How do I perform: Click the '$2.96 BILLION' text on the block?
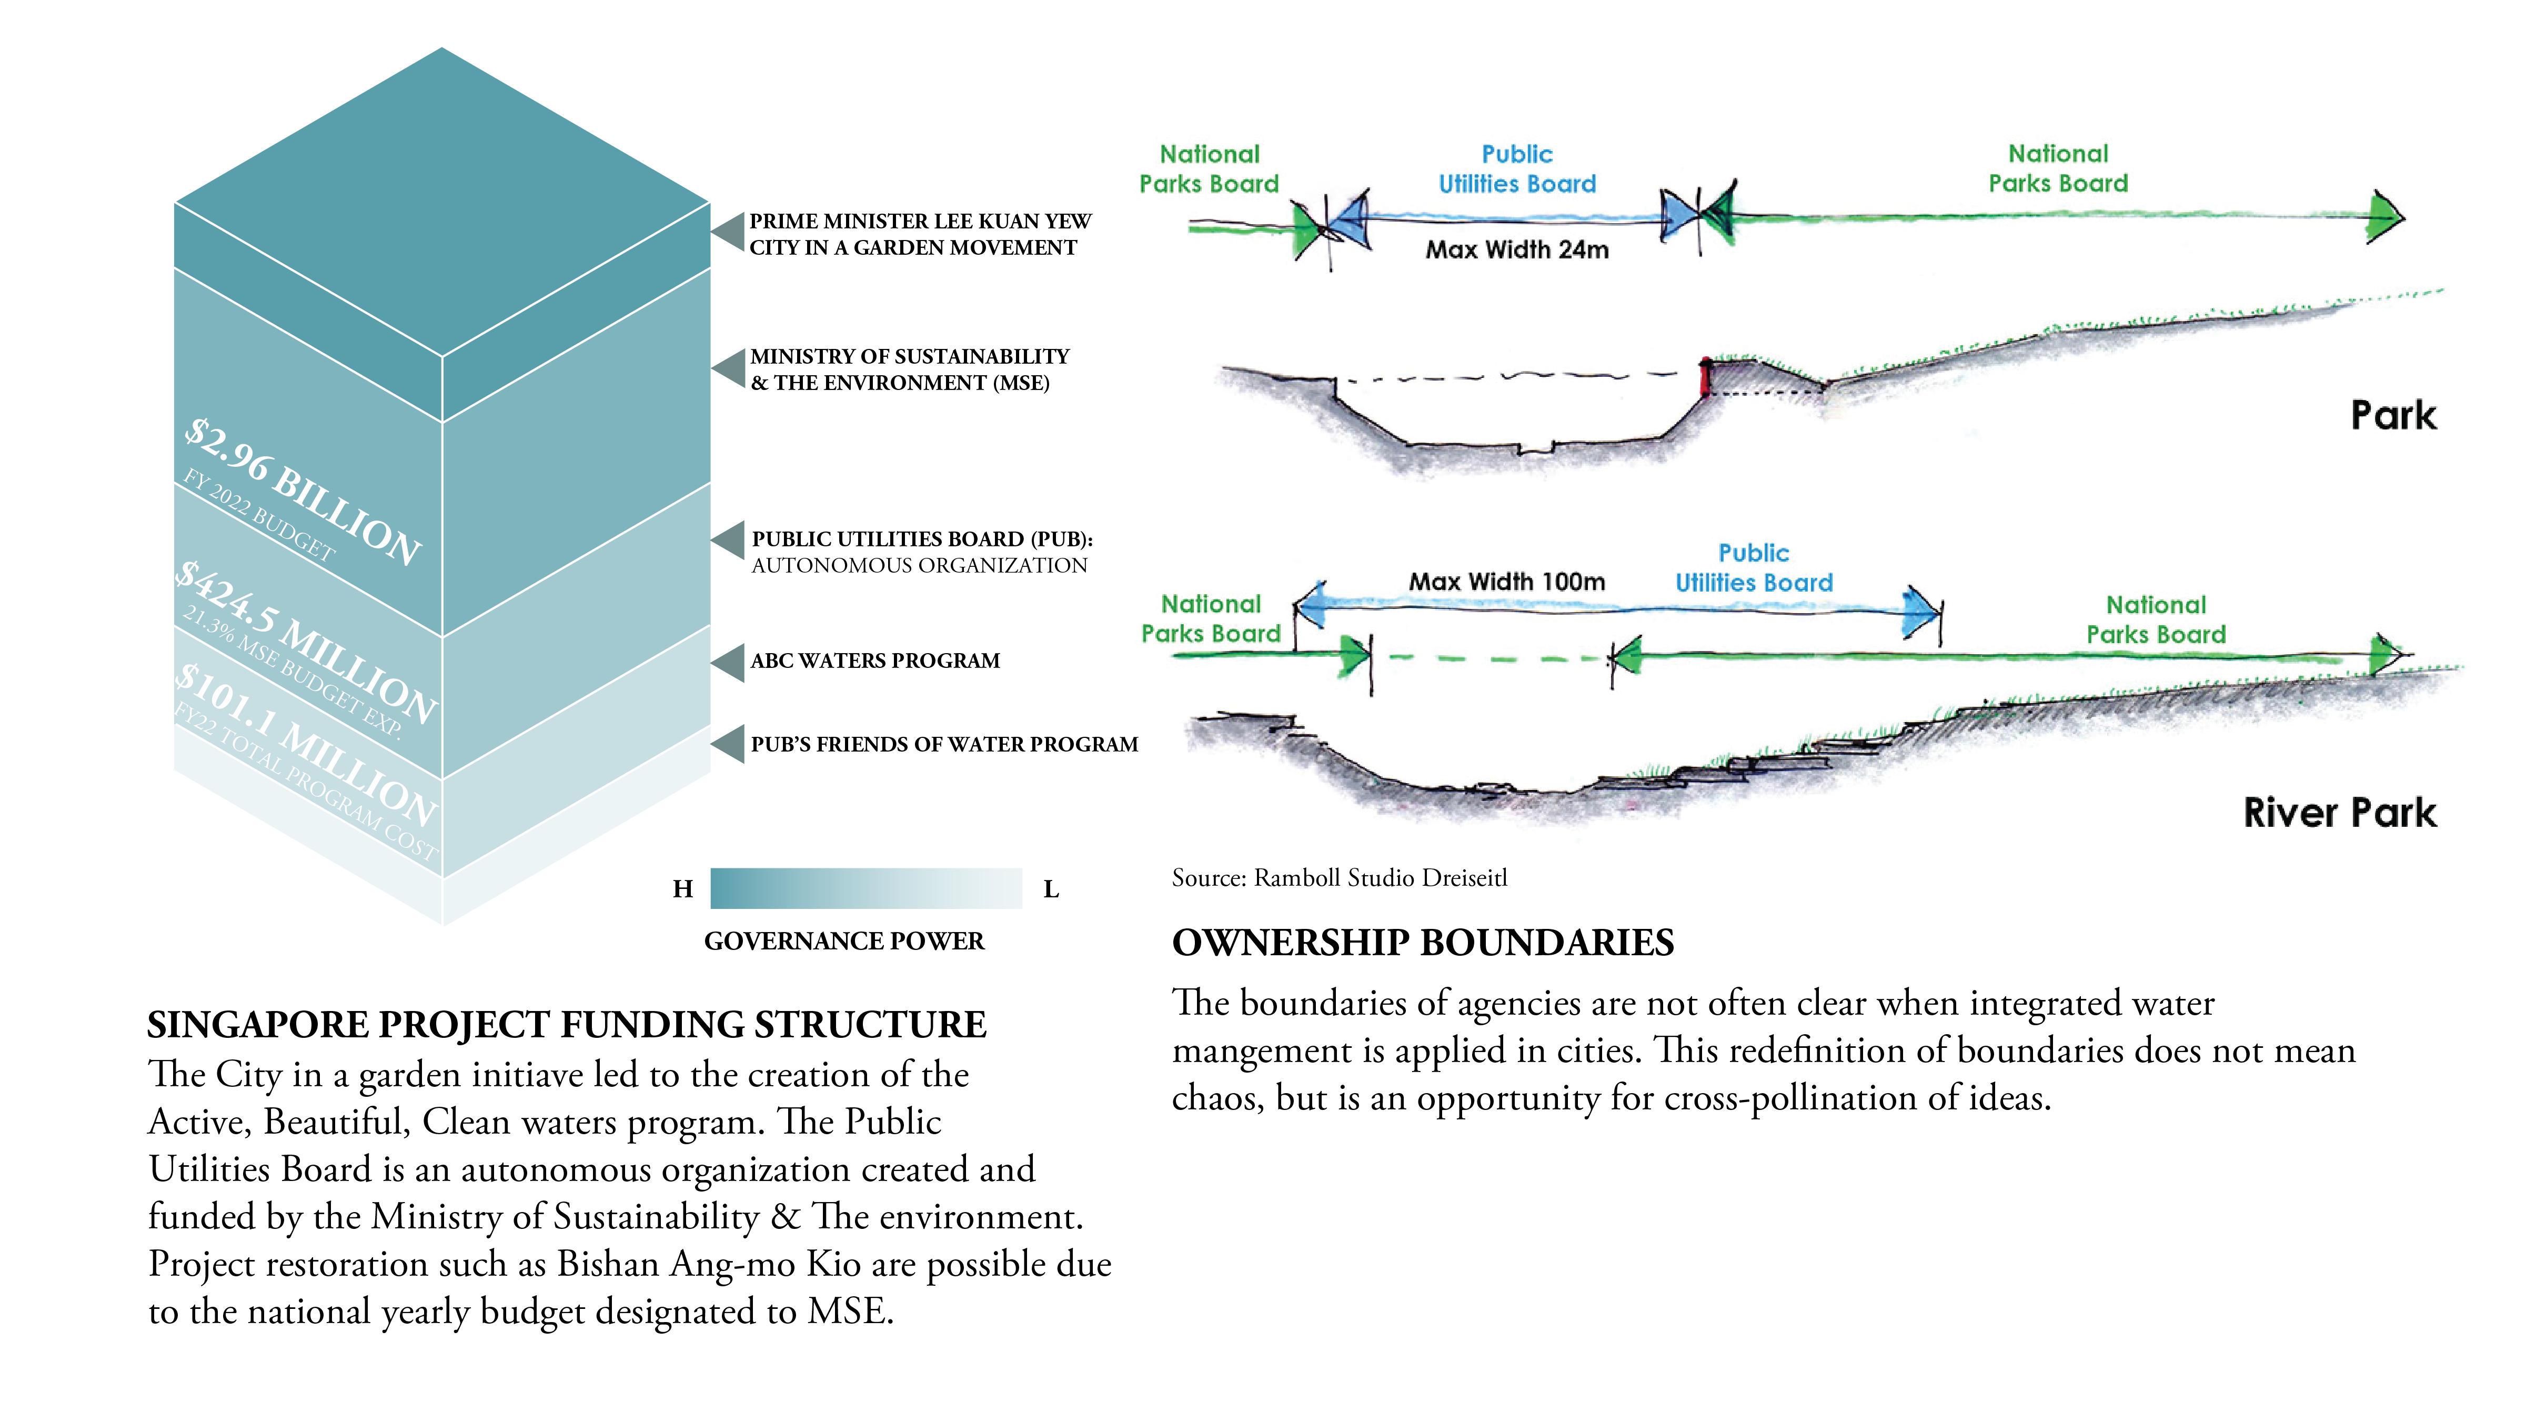[x=304, y=491]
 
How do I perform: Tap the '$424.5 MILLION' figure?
[x=306, y=642]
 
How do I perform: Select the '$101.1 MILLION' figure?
[x=306, y=745]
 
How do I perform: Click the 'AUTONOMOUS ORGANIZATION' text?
[x=919, y=566]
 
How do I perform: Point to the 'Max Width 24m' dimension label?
[x=1517, y=250]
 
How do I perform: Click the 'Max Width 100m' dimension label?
[x=1507, y=582]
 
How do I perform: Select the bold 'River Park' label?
[x=2340, y=813]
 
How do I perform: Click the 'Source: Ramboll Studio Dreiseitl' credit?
[x=1340, y=878]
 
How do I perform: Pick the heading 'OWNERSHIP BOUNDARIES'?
[x=1423, y=943]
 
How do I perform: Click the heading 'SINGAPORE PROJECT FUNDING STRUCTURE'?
[x=567, y=1025]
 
